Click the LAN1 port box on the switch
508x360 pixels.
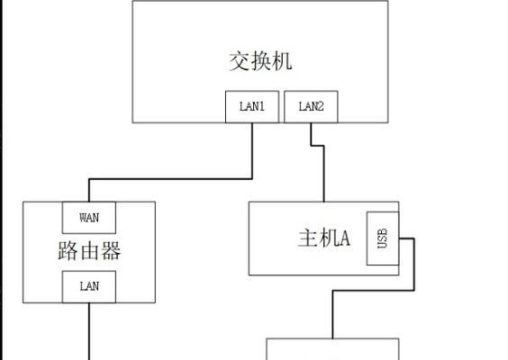tap(252, 107)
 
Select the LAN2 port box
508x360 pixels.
tap(311, 107)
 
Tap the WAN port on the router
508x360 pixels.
tap(89, 218)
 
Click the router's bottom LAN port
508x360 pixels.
tap(89, 287)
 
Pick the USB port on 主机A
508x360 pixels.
tap(383, 238)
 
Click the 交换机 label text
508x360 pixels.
tap(261, 61)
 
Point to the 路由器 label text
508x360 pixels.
tap(89, 250)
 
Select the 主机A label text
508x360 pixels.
tap(324, 238)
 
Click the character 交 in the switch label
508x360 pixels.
tap(240, 61)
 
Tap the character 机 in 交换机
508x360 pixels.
tap(282, 61)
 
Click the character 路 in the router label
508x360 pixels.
tap(68, 250)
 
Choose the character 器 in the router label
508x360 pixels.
tap(111, 250)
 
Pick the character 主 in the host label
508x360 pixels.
tap(307, 238)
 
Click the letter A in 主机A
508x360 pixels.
tap(344, 238)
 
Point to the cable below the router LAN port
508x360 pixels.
tap(89, 331)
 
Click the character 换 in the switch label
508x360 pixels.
tap(261, 61)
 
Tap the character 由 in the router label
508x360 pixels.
tap(89, 250)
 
